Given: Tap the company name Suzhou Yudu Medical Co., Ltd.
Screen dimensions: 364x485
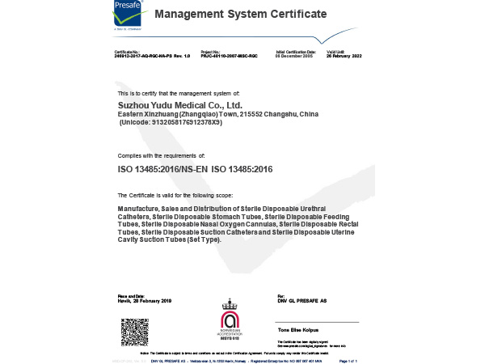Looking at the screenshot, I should pos(180,105).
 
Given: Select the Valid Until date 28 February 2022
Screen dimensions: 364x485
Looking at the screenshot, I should pos(344,57).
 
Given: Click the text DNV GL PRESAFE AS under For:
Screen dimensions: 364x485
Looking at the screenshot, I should pos(302,301).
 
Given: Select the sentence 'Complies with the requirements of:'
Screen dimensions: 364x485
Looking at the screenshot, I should pos(161,153).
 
